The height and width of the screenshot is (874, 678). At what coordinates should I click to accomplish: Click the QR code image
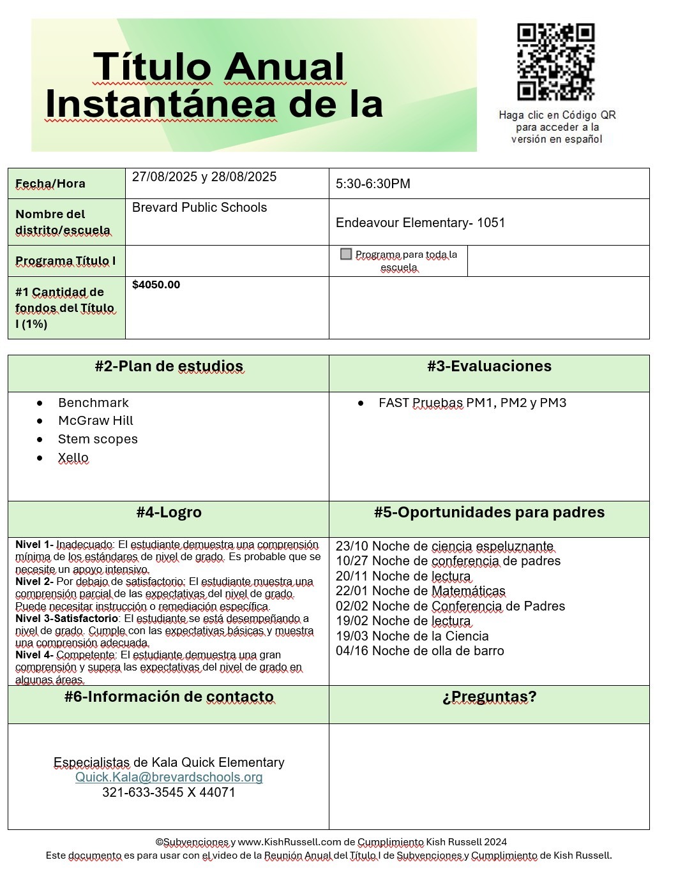(x=555, y=63)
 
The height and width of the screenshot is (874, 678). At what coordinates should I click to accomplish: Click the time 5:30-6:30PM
(x=373, y=184)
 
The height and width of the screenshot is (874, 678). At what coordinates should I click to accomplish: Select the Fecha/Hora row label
(x=50, y=184)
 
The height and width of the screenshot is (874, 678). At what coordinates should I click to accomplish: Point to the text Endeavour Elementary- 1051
(x=420, y=223)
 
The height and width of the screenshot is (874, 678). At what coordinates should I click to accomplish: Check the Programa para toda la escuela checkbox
(x=347, y=254)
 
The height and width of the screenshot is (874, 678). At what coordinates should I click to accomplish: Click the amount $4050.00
(x=156, y=285)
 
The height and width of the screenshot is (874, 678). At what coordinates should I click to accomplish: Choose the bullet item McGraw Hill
(x=96, y=420)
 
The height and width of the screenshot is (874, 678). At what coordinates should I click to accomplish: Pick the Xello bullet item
(x=73, y=457)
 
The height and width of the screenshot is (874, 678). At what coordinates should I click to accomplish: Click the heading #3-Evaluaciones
(x=489, y=366)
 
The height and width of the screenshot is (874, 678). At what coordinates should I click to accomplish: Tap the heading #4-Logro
(x=169, y=512)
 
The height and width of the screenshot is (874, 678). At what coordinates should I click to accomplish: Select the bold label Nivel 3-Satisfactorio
(x=67, y=618)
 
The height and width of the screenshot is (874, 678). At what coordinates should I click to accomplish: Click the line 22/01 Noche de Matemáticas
(x=420, y=591)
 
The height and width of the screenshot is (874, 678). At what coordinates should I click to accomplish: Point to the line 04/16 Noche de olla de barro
(x=419, y=651)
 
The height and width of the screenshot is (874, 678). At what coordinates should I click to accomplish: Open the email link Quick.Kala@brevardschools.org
(x=169, y=777)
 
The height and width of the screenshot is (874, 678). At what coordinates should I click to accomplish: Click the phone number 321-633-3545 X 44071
(x=169, y=792)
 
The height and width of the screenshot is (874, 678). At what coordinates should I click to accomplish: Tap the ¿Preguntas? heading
(x=489, y=697)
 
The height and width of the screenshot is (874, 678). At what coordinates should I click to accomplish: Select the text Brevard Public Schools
(x=199, y=207)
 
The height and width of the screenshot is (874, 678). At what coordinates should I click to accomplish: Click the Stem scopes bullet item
(x=98, y=439)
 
